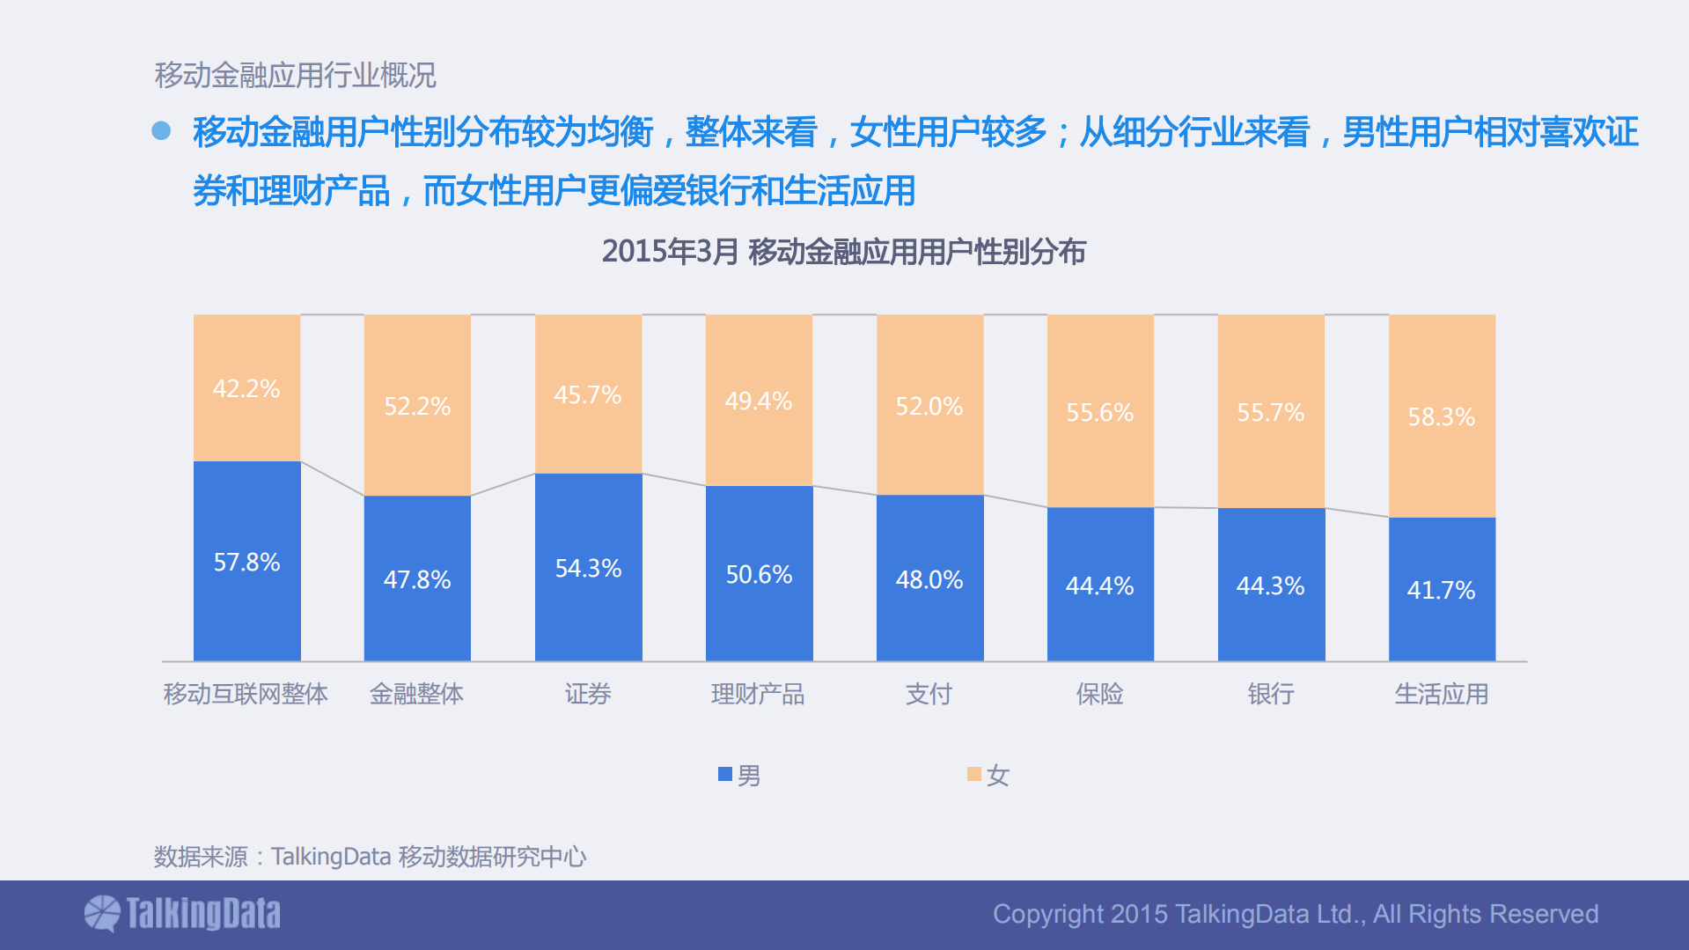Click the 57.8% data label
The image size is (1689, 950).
click(246, 563)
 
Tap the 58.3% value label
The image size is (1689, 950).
click(1441, 417)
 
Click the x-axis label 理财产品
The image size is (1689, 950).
click(758, 695)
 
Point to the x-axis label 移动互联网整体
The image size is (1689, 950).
click(246, 695)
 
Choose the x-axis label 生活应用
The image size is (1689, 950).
click(1441, 695)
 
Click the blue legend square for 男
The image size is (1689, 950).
click(725, 775)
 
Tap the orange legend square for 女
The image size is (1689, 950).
click(973, 775)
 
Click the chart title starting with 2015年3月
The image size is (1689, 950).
click(843, 252)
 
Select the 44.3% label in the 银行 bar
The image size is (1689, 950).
click(1270, 586)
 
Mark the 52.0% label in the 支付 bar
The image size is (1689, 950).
click(929, 407)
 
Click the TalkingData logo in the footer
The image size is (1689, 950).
click(182, 914)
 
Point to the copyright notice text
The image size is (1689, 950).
click(1296, 914)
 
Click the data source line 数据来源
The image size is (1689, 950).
click(370, 857)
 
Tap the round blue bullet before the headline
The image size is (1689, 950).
click(161, 131)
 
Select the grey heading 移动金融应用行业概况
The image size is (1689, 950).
click(295, 76)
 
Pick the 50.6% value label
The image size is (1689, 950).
click(759, 575)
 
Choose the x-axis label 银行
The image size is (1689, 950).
click(1270, 695)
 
